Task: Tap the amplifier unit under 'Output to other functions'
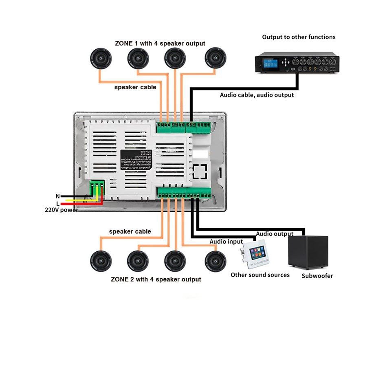point(297,63)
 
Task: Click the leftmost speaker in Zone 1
point(101,59)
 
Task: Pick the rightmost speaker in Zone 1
point(215,58)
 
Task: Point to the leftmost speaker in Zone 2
point(101,261)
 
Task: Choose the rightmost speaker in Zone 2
point(215,261)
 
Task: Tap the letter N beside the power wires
point(58,196)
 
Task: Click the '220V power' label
point(61,210)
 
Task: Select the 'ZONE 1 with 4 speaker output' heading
point(160,43)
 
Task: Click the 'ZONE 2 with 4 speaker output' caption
point(156,279)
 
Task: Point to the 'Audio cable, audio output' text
point(257,95)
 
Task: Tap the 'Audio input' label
point(226,242)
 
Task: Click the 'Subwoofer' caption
point(317,276)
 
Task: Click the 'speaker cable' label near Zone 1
point(135,87)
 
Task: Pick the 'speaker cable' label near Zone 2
point(130,231)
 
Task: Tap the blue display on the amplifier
point(270,64)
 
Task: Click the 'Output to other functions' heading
point(299,37)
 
